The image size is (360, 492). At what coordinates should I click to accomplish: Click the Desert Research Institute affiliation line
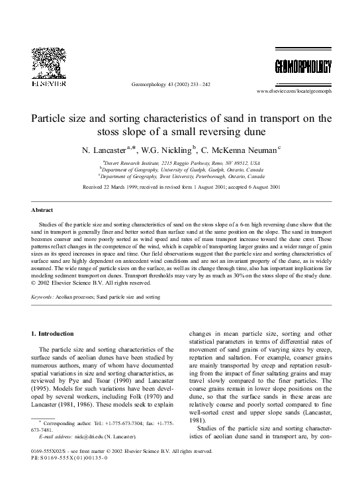[180, 162]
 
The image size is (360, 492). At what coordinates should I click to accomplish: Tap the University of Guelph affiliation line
[180, 169]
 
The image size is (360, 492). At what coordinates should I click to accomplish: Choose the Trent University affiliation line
[180, 176]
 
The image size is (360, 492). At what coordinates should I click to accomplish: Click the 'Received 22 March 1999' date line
[180, 188]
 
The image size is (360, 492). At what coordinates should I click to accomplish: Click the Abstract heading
[43, 210]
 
